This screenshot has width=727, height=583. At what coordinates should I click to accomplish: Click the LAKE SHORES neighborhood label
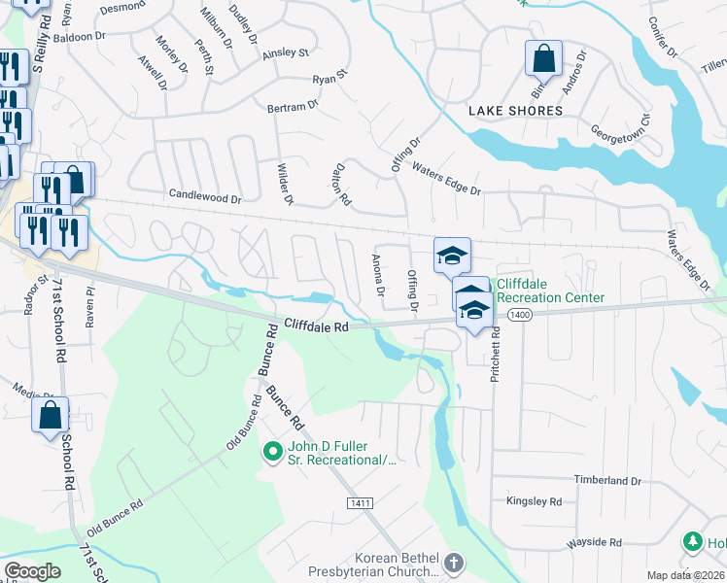[x=515, y=111]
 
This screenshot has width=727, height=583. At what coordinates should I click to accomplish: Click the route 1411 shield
[x=359, y=500]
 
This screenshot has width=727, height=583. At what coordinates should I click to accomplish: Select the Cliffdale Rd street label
[x=316, y=327]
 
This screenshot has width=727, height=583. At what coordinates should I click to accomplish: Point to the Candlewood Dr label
[x=204, y=197]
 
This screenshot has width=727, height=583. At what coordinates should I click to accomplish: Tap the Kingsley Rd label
[x=534, y=501]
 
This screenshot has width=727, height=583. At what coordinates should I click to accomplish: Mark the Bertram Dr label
[x=294, y=107]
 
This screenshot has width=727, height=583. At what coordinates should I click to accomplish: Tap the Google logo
[x=32, y=571]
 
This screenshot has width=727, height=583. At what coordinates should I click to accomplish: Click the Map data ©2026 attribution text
[x=685, y=575]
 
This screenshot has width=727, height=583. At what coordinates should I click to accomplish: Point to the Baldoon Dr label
[x=80, y=37]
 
